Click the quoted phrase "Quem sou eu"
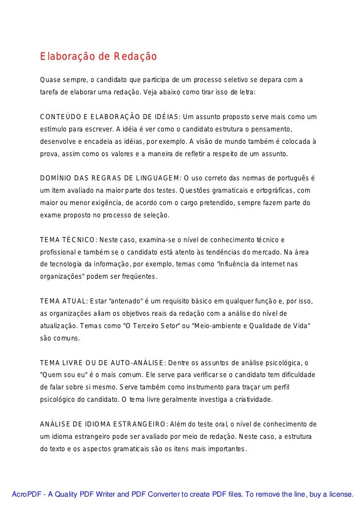tap(62, 375)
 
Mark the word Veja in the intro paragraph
tap(150, 92)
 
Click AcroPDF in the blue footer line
tap(26, 494)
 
